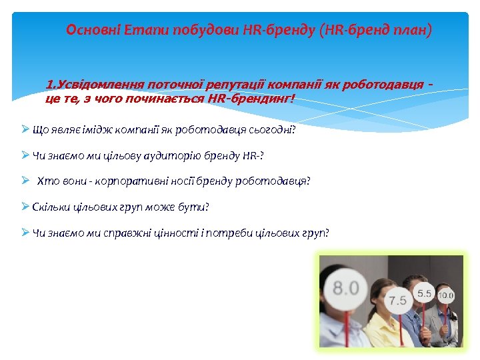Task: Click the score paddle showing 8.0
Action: [345, 289]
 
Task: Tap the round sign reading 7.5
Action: [397, 300]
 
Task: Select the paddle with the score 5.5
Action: [425, 293]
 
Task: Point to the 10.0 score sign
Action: [445, 295]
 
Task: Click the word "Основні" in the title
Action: [89, 30]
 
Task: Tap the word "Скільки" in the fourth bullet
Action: [50, 207]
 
